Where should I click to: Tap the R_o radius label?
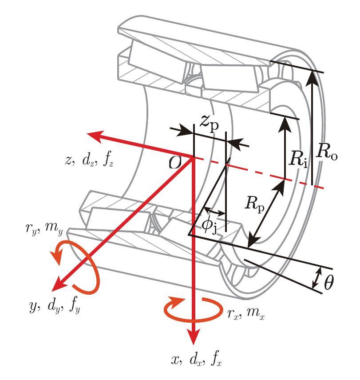coord(328,150)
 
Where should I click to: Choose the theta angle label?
coord(328,283)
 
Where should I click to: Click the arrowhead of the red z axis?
coord(92,134)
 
